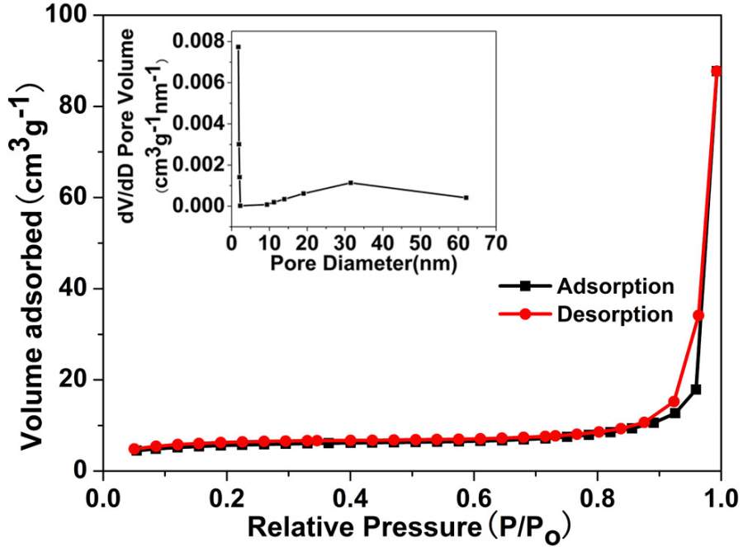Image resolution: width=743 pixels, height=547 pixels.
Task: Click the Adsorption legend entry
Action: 615,287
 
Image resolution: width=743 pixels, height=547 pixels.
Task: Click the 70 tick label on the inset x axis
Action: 494,243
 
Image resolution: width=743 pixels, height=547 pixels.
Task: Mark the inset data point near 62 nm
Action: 466,197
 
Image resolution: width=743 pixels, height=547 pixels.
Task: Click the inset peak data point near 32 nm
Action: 351,182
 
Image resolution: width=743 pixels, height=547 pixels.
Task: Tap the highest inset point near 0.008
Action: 238,47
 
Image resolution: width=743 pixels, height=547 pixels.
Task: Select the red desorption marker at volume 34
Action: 698,315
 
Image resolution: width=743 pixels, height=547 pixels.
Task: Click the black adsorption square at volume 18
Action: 696,389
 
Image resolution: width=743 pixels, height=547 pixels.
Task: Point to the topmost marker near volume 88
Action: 717,71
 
